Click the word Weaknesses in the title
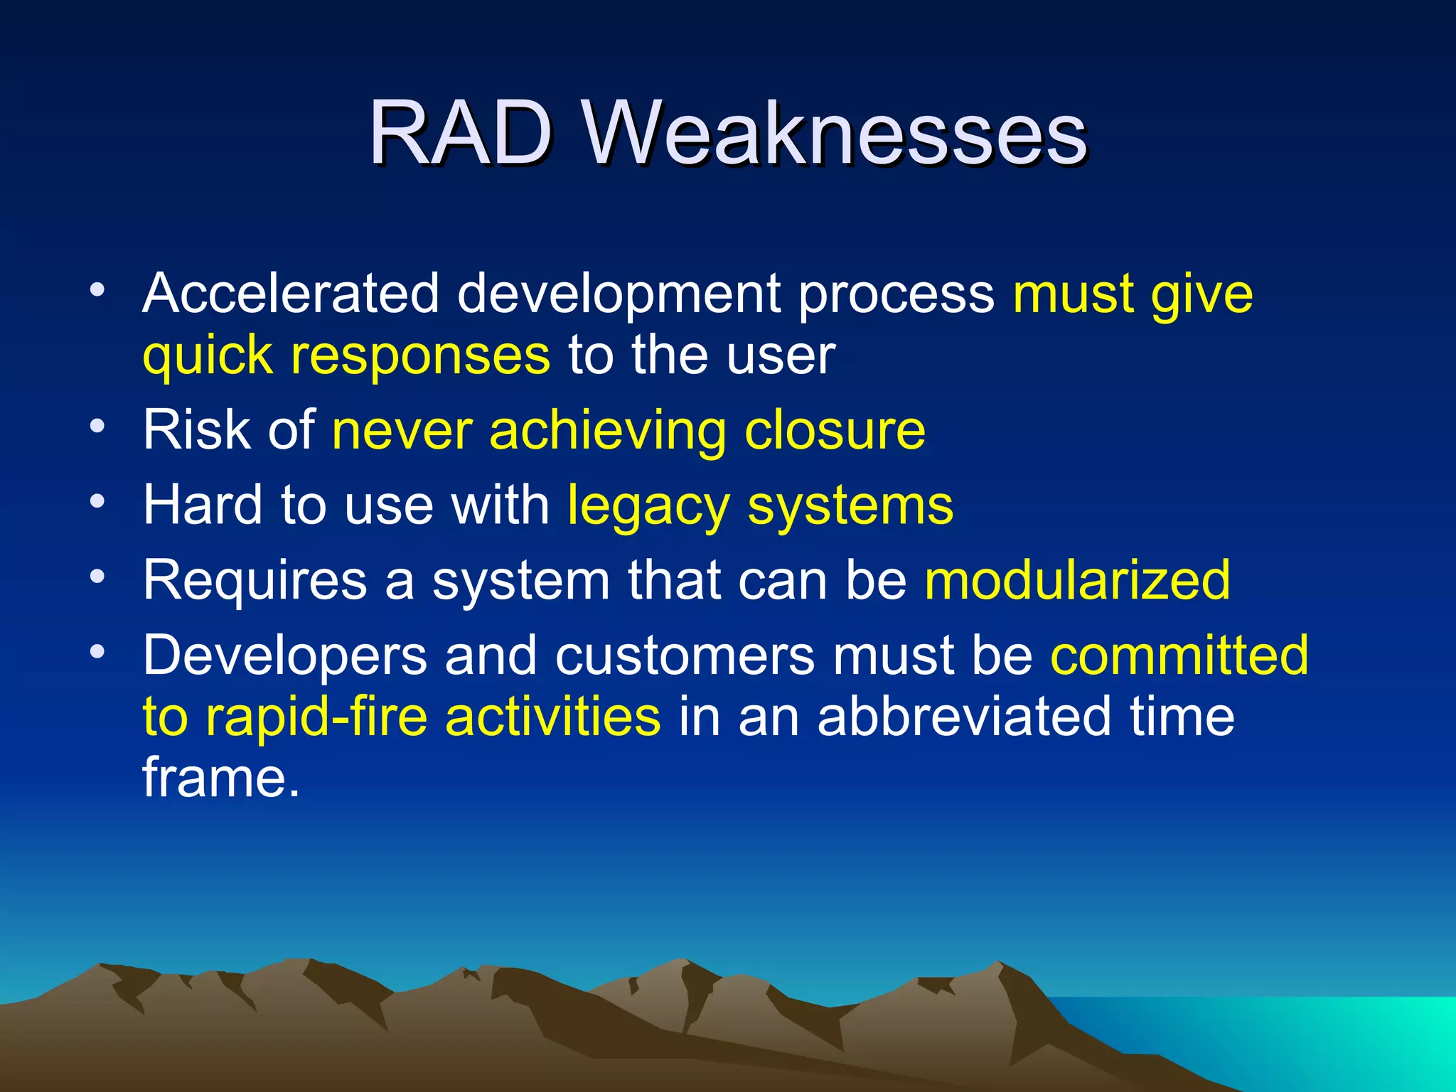pyautogui.click(x=835, y=132)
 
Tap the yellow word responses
pyautogui.click(x=419, y=355)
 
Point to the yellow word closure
pyautogui.click(x=835, y=431)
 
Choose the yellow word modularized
pyautogui.click(x=1077, y=580)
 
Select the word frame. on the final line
pyautogui.click(x=221, y=778)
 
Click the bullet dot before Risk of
pyautogui.click(x=97, y=426)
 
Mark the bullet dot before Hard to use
pyautogui.click(x=97, y=501)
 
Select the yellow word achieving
pyautogui.click(x=608, y=432)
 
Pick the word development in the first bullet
pyautogui.click(x=619, y=294)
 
